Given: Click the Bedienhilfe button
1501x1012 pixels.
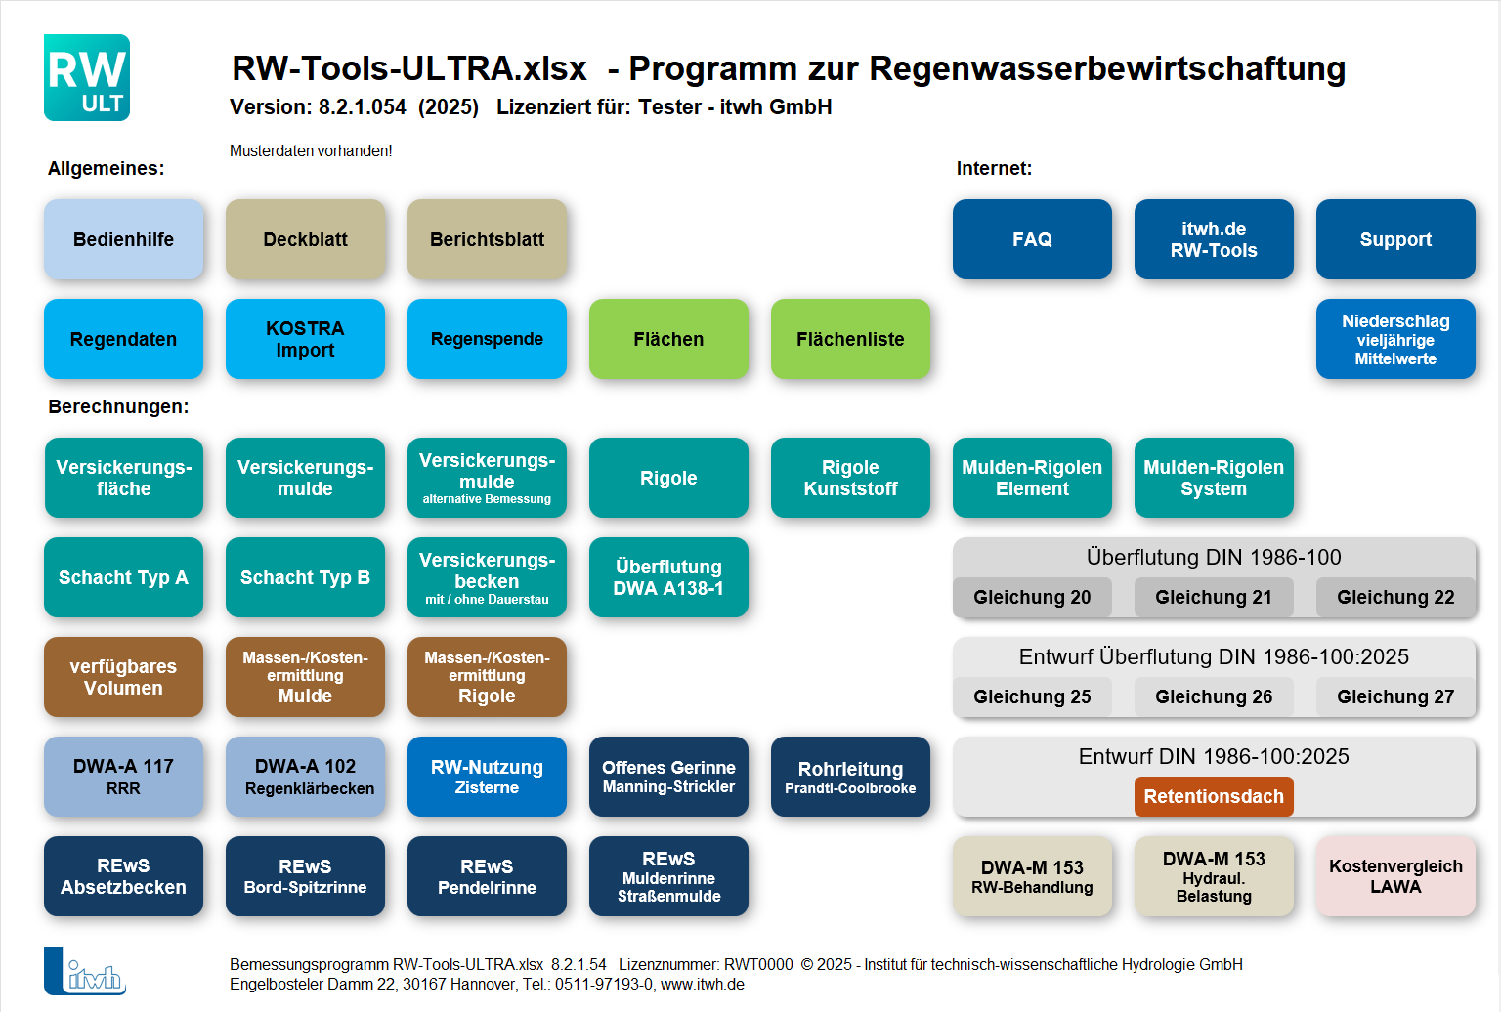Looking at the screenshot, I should (123, 239).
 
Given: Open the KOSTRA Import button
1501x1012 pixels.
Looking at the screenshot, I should (305, 339).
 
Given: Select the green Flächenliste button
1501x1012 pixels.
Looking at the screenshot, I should (850, 339).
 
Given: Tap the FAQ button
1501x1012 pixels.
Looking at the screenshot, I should (1032, 239).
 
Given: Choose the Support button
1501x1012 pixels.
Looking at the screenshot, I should (1395, 239).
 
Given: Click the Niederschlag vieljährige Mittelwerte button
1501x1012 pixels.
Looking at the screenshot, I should (1395, 339).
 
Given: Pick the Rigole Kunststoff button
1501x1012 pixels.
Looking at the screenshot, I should (850, 478).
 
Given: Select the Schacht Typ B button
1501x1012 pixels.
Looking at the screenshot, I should (305, 577).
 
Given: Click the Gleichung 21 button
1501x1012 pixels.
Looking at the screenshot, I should (1214, 597).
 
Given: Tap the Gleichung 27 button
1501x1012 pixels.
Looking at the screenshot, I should (1395, 696).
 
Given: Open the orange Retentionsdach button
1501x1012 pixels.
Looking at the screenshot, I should (1214, 796).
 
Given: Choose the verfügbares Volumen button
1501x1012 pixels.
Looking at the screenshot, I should (123, 677).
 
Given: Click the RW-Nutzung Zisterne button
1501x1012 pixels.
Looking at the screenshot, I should (487, 777).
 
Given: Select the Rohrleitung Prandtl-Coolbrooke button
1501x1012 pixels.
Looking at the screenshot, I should (850, 777).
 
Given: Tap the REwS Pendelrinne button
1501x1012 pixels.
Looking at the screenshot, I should (487, 876).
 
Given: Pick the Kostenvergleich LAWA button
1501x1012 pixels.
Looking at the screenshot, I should (1395, 876).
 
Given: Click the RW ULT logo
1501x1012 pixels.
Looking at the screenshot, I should (87, 78).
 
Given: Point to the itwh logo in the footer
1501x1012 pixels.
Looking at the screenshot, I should (85, 971).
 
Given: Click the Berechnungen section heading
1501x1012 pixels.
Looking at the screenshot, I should (118, 406).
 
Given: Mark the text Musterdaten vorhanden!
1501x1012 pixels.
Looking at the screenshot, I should (311, 150).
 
